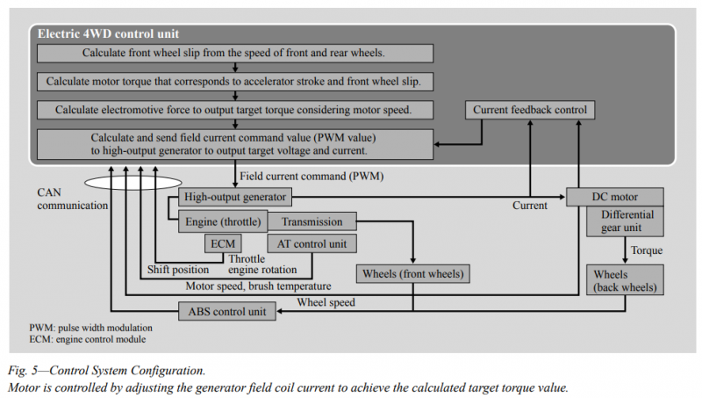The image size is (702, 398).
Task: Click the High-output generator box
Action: [x=235, y=197]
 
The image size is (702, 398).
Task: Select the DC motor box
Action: [x=615, y=197]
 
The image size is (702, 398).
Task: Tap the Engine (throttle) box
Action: [x=223, y=221]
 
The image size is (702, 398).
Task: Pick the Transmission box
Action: [x=312, y=221]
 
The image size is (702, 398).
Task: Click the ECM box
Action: [x=223, y=243]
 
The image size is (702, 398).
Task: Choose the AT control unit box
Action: [x=312, y=243]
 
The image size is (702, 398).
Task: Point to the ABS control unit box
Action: [x=227, y=311]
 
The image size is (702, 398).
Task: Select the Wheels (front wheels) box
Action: [x=412, y=273]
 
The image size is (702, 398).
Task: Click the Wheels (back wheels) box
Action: [x=625, y=279]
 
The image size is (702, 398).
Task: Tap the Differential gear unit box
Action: [x=625, y=221]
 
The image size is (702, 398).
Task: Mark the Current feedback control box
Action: [x=530, y=110]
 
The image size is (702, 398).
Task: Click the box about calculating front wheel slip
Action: [x=235, y=53]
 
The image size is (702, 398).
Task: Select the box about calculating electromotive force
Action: [x=235, y=110]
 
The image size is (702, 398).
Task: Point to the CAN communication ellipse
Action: [x=133, y=183]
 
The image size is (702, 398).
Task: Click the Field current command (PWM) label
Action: [x=312, y=176]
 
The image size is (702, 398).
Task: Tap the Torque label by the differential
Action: [x=647, y=250]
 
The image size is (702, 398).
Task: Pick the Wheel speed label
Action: [x=326, y=302]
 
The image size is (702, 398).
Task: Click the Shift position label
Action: [x=178, y=270]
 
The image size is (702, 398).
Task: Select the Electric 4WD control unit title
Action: [x=108, y=33]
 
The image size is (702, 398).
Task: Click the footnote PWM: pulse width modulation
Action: [x=91, y=328]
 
